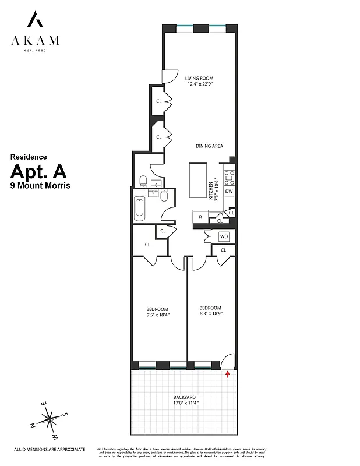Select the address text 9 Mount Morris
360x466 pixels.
(39, 186)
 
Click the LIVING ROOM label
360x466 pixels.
(199, 77)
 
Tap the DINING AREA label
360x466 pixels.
(209, 146)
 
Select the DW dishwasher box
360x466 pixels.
(229, 191)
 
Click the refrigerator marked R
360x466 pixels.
(200, 217)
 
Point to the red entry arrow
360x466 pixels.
(228, 373)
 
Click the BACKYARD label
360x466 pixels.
(184, 397)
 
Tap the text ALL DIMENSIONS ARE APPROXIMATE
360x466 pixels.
(50, 449)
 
